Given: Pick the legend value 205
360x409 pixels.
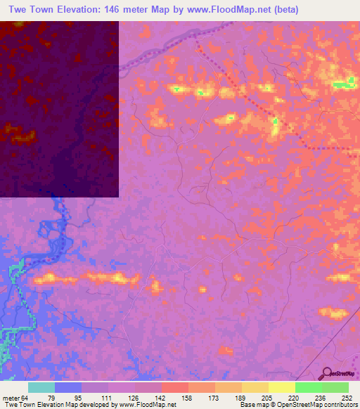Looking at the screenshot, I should tap(267, 396).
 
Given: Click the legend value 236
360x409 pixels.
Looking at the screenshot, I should tap(320, 396).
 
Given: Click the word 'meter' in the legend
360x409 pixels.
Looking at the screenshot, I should tap(11, 396).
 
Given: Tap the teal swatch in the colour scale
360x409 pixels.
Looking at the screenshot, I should tap(41, 387).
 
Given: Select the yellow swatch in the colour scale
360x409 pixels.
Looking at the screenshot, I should tap(281, 387).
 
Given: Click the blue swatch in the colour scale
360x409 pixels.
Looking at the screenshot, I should tap(68, 387).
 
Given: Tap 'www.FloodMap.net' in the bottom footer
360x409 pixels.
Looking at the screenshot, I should tap(148, 405).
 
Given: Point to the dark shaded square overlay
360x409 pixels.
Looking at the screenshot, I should tap(59, 109).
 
